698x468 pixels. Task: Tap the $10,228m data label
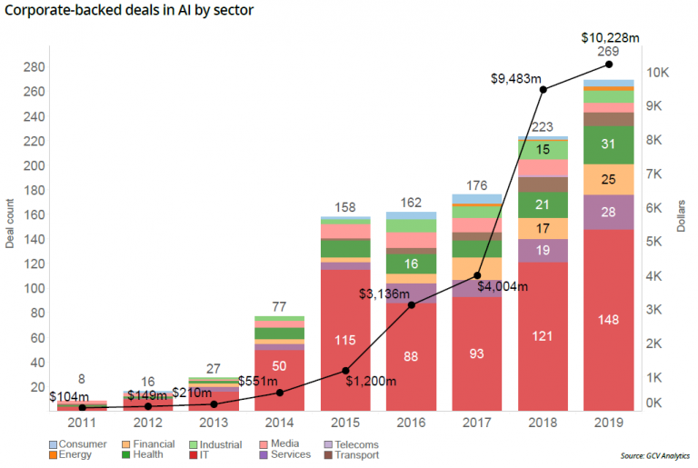pyautogui.click(x=609, y=37)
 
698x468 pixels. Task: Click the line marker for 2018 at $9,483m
pyautogui.click(x=543, y=89)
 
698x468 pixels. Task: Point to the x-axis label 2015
pyautogui.click(x=344, y=423)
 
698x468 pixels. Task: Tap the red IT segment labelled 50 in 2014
pyautogui.click(x=278, y=365)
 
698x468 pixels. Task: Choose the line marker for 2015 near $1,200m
pyautogui.click(x=344, y=370)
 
